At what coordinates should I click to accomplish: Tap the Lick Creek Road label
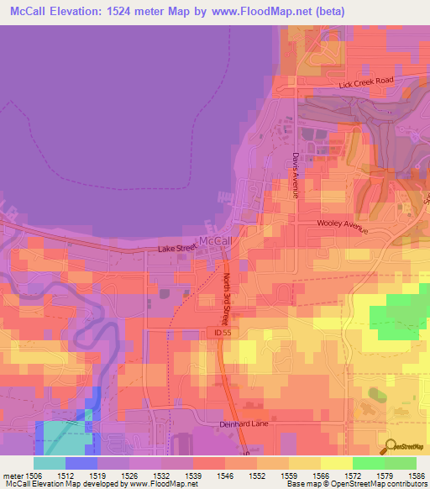(365, 82)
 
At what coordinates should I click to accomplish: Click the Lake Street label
(176, 249)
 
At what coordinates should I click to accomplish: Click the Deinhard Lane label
(244, 424)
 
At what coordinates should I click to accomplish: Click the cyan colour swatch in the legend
(50, 463)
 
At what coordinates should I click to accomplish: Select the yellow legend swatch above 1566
(304, 463)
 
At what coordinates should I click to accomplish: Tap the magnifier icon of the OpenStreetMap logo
(389, 445)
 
